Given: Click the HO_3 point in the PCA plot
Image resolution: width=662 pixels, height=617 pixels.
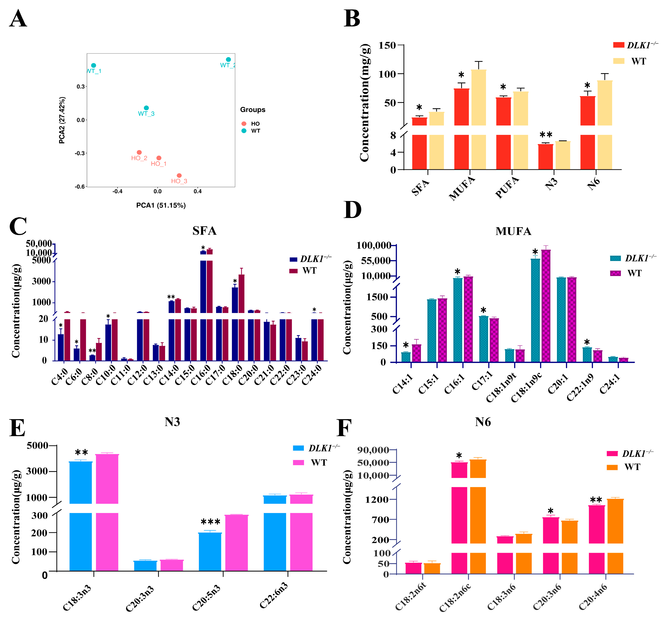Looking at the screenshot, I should pyautogui.click(x=179, y=176).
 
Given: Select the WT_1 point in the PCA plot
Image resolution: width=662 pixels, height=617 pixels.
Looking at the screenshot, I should pyautogui.click(x=93, y=66).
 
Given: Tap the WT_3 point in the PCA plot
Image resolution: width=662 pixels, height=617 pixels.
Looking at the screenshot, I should pyautogui.click(x=146, y=108).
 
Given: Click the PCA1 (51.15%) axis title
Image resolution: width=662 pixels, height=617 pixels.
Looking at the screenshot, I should pyautogui.click(x=161, y=205).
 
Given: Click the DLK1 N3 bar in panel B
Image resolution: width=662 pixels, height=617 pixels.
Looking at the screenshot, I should pyautogui.click(x=546, y=157).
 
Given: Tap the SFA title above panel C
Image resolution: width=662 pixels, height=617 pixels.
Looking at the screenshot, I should pyautogui.click(x=204, y=231).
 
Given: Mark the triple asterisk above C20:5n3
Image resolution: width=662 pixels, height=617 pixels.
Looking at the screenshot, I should pyautogui.click(x=210, y=522).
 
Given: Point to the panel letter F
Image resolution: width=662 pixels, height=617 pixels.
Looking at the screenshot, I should pyautogui.click(x=344, y=429).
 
